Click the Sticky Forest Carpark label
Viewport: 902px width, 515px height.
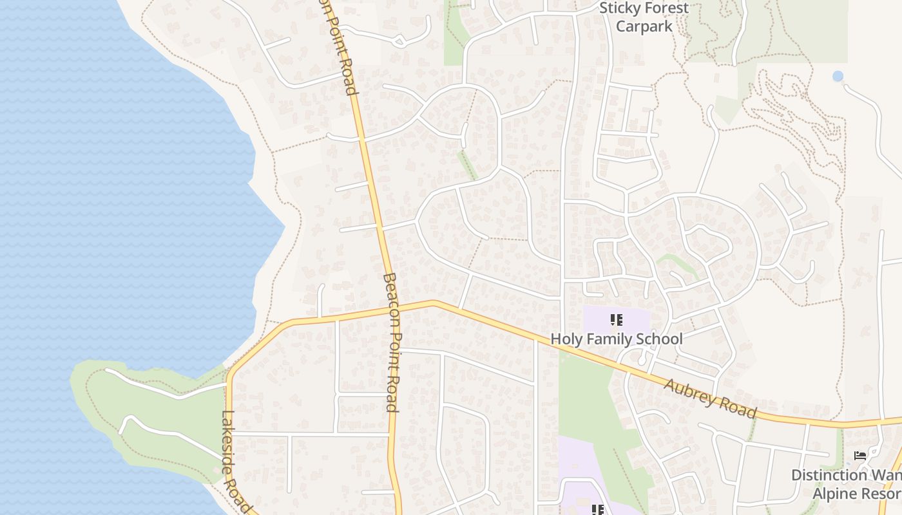[x=644, y=17]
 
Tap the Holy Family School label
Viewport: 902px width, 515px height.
[x=616, y=339]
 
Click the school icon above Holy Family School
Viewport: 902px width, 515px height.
[x=616, y=319]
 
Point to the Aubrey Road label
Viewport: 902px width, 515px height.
[x=709, y=398]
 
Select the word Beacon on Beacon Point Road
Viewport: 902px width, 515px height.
[x=390, y=303]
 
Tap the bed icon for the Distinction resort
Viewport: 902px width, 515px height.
[x=859, y=456]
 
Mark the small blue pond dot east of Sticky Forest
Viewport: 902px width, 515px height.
[x=838, y=76]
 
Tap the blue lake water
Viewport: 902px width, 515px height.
[x=116, y=193]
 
